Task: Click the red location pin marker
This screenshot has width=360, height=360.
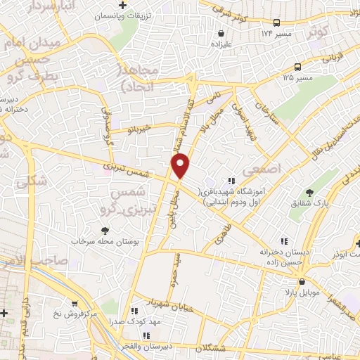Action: [181, 166]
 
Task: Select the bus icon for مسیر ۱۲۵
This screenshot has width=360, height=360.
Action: [298, 67]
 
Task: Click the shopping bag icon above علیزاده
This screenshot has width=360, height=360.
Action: [222, 33]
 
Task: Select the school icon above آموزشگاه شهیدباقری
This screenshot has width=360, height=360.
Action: [231, 181]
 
